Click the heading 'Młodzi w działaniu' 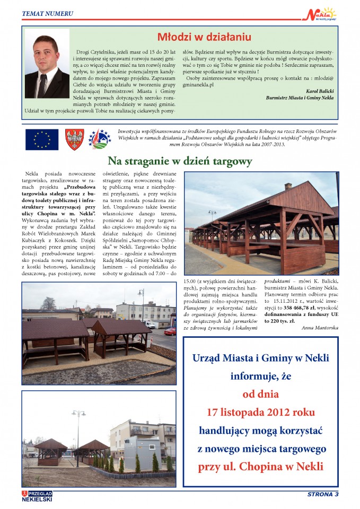pos(204,37)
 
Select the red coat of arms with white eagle pos(74,139)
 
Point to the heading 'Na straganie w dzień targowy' pos(180,161)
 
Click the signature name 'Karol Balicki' pos(320,91)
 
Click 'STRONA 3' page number pos(323,495)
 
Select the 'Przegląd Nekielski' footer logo pos(37,495)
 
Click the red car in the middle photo pos(170,331)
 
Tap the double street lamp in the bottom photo pos(79,413)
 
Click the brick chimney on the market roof pos(288,187)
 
